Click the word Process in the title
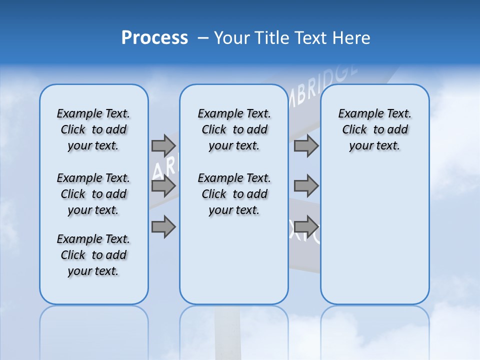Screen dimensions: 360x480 154,38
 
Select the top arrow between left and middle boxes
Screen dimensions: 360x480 163,145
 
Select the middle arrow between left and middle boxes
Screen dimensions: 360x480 163,186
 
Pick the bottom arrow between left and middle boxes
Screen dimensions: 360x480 163,226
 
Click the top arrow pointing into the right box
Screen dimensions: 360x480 306,145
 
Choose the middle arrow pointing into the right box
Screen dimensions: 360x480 306,186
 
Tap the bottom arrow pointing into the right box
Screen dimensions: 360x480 306,226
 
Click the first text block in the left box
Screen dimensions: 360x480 93,129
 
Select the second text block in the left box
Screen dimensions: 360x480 93,194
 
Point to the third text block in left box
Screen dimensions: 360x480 93,255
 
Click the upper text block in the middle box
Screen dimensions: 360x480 234,129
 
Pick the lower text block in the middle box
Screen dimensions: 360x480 234,194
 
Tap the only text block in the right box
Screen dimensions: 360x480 374,129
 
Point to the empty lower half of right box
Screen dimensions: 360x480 374,240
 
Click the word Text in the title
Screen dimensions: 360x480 311,38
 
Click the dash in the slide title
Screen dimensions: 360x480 203,38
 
